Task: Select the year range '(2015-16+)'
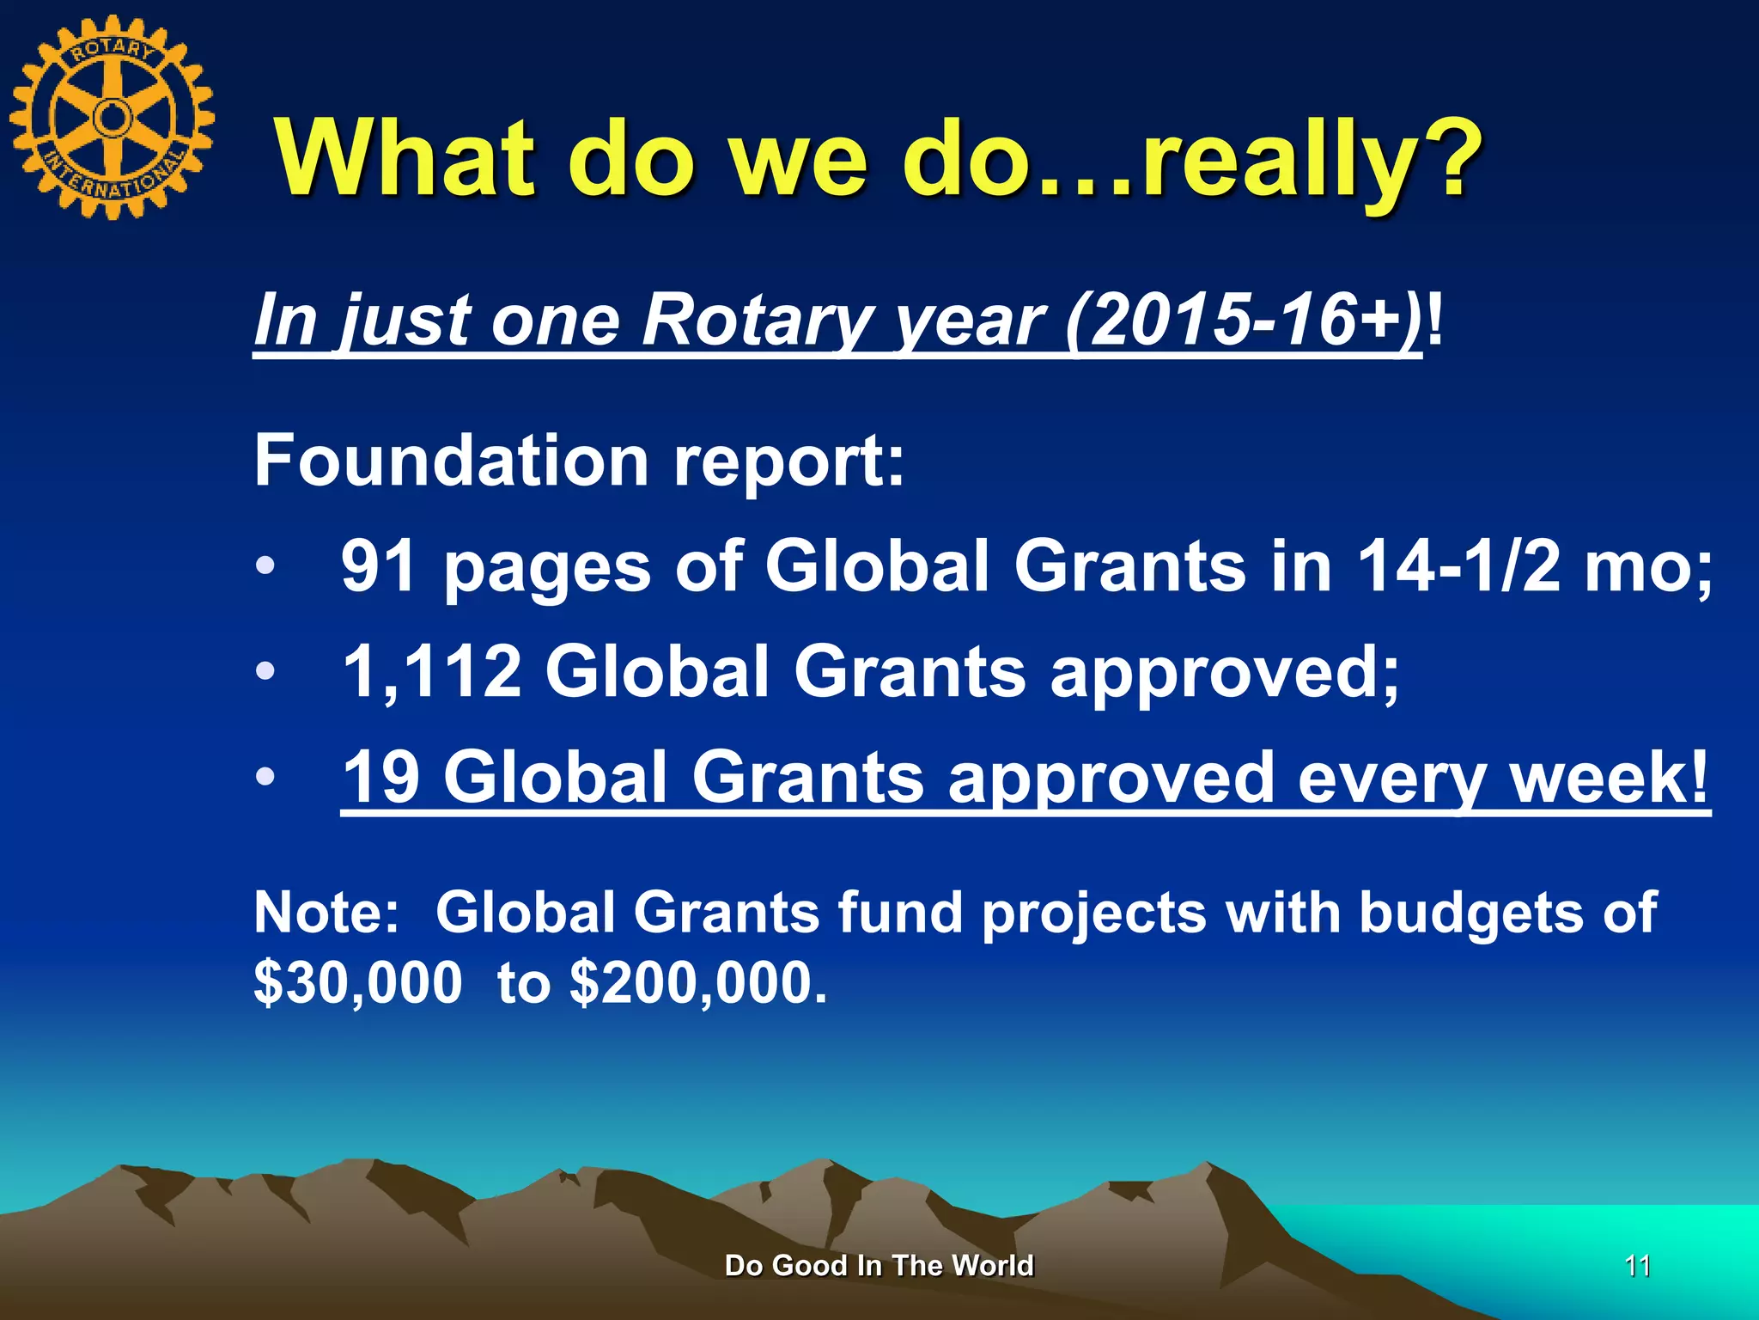click(1244, 320)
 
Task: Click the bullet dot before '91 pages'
click(266, 566)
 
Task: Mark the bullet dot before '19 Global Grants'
click(266, 777)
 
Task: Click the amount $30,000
click(358, 982)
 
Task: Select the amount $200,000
click(697, 982)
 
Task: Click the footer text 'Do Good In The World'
click(879, 1266)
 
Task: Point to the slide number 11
click(1638, 1266)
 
